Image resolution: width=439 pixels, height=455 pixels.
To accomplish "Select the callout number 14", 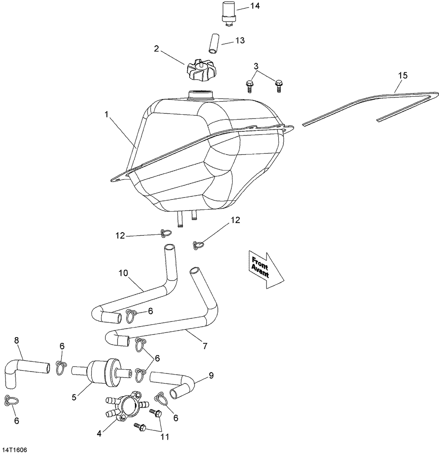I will point(255,6).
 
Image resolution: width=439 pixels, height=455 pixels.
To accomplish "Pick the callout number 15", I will point(403,75).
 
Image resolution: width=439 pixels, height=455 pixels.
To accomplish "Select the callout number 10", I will point(123,273).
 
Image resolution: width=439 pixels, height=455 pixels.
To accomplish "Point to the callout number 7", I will point(205,346).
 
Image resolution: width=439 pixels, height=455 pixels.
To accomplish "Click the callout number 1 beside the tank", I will point(107,114).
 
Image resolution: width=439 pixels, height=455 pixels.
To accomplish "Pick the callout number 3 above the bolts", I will point(256,66).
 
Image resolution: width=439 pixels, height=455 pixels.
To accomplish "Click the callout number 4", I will point(99,434).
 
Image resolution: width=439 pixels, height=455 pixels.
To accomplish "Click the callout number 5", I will point(74,397).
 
